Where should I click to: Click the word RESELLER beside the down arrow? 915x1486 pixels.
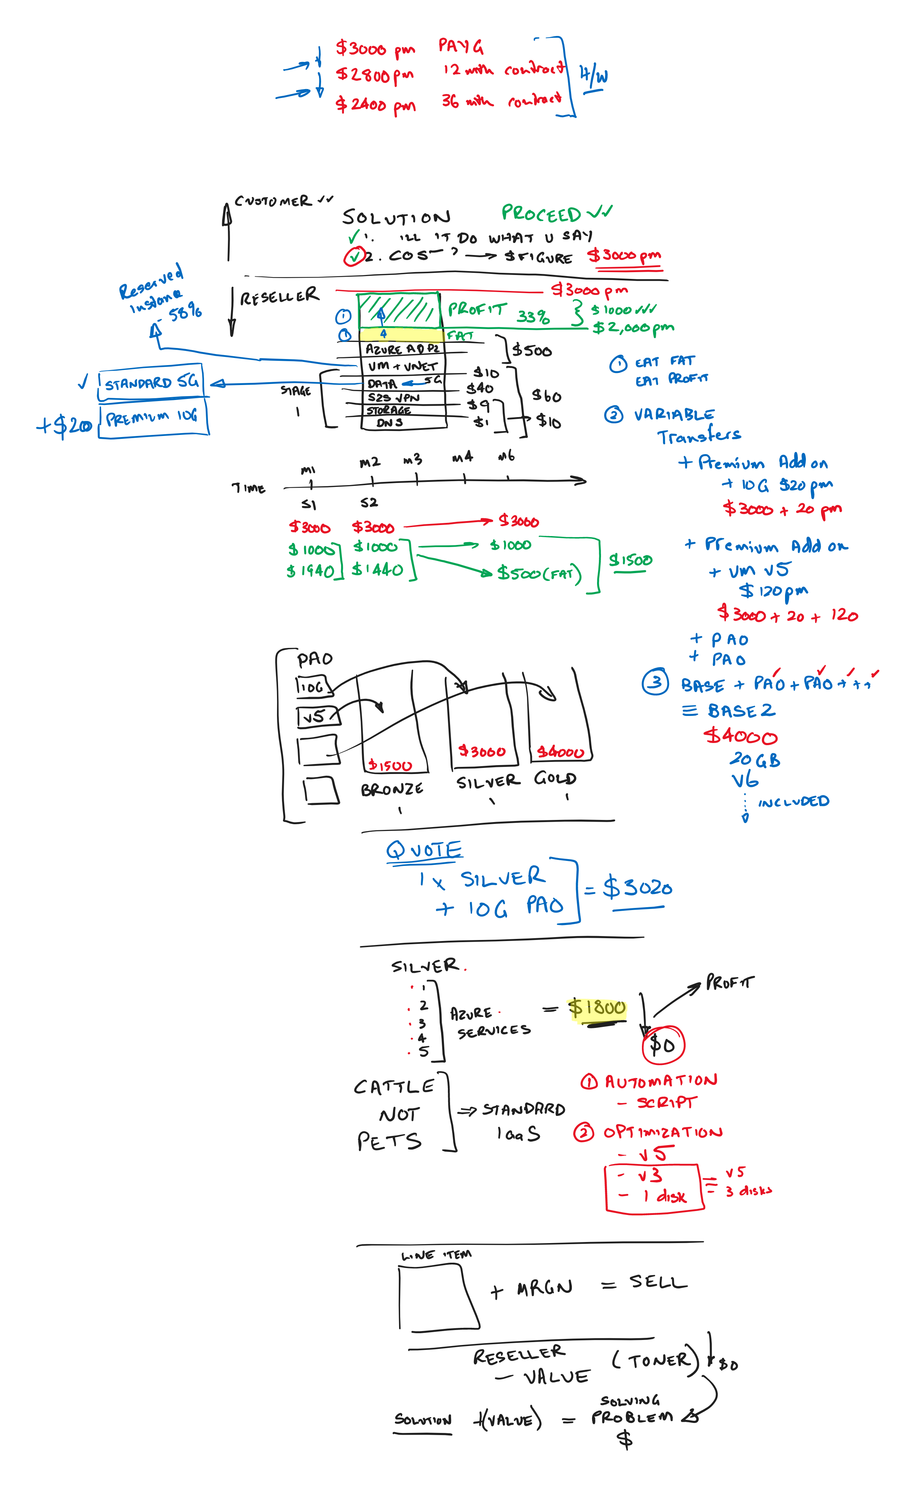coord(279,296)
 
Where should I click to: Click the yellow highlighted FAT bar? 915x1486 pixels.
coord(401,334)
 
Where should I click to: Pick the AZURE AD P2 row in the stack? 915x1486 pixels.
coord(402,349)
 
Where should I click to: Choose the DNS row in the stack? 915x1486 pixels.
coord(390,422)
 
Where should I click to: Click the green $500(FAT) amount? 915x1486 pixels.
coord(539,573)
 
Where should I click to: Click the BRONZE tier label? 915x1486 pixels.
coord(392,789)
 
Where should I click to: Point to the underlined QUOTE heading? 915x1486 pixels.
coord(424,851)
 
